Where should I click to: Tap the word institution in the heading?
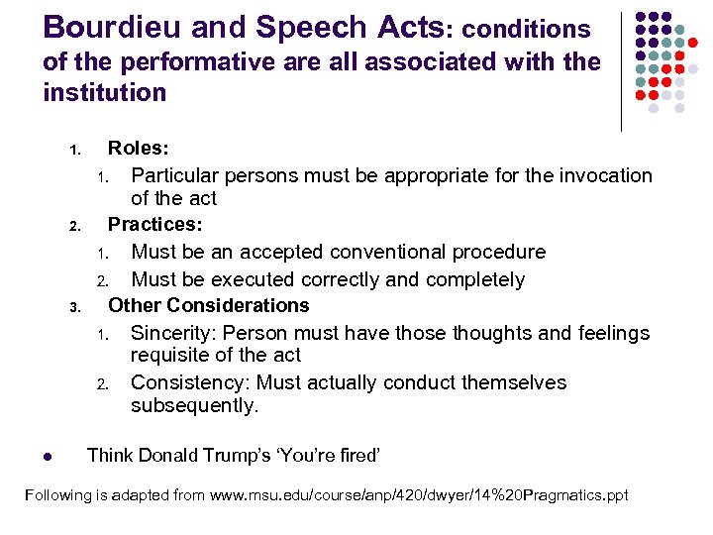click(x=105, y=93)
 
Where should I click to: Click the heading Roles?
click(x=138, y=149)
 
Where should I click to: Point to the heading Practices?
click(x=154, y=225)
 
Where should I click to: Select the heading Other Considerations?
click(x=208, y=305)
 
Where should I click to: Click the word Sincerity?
click(x=174, y=333)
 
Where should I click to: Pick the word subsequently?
click(x=194, y=406)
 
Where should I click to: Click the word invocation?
click(x=604, y=175)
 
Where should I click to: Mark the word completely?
click(x=472, y=279)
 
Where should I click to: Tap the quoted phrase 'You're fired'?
click(x=331, y=456)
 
